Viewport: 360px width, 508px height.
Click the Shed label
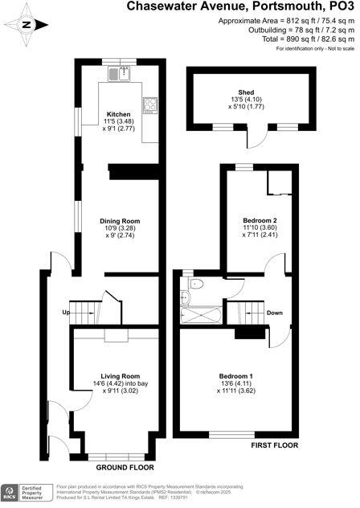click(x=247, y=93)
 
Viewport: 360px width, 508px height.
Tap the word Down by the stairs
click(x=274, y=313)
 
